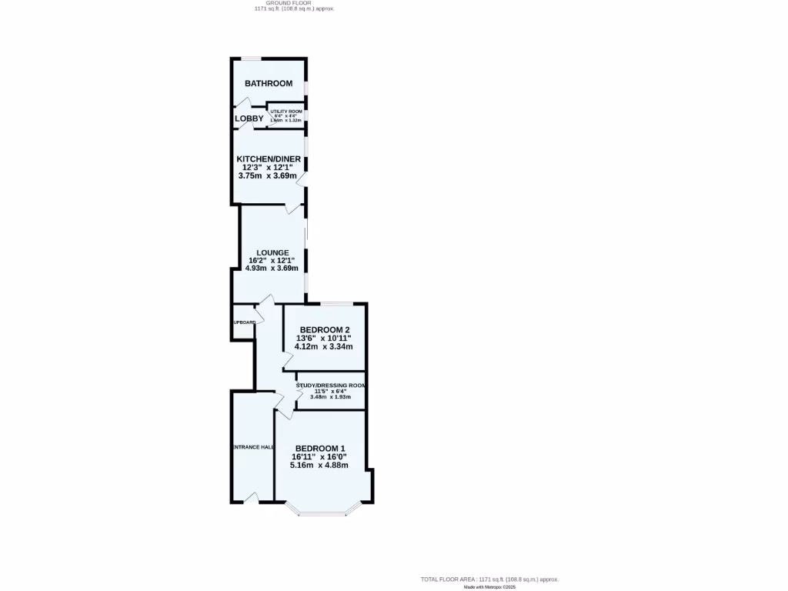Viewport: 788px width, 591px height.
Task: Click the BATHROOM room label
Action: [x=269, y=83]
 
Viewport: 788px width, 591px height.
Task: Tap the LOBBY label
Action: [x=249, y=119]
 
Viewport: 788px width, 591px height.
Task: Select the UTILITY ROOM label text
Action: [x=286, y=112]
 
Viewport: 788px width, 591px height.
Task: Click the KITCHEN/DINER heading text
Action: [x=269, y=159]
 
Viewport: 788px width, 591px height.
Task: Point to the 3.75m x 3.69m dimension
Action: [x=269, y=175]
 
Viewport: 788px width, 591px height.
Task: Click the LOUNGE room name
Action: [x=273, y=252]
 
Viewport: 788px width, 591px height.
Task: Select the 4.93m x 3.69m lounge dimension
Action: [x=272, y=269]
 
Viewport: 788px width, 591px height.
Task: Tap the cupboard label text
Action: [x=244, y=322]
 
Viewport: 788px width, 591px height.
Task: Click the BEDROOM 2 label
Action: [x=325, y=330]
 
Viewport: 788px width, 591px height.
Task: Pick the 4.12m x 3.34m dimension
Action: [x=324, y=346]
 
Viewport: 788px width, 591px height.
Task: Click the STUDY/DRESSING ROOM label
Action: [x=331, y=386]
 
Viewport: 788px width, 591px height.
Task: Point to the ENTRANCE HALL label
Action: [x=252, y=447]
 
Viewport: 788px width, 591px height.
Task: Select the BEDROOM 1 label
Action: [x=320, y=449]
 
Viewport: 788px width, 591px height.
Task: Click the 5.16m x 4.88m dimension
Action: [x=319, y=465]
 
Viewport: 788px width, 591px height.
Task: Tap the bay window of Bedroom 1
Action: [x=323, y=512]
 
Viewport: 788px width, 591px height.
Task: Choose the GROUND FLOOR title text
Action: [x=294, y=3]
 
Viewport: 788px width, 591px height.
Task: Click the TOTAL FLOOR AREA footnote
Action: [x=489, y=579]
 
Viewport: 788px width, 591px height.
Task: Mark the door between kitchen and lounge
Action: [x=294, y=207]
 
